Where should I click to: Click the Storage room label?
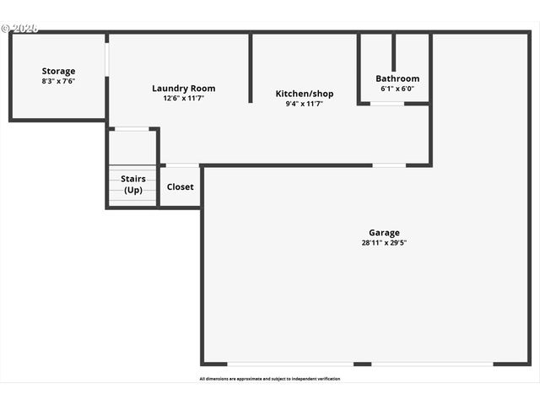tap(58, 71)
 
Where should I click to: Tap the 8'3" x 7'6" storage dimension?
tap(58, 82)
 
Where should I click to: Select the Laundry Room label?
tap(183, 88)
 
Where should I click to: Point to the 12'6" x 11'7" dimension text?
tap(183, 99)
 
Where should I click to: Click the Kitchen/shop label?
tap(305, 93)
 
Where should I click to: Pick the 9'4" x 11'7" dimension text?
tap(305, 104)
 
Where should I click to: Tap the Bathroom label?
tap(397, 78)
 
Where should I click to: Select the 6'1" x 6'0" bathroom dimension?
tap(397, 89)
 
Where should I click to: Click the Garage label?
tap(384, 232)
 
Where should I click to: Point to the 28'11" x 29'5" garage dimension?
tap(384, 243)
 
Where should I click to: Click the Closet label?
tap(180, 186)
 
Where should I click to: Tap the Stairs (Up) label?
tap(132, 184)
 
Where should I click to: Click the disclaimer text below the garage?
tap(270, 379)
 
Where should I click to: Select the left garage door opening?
tap(289, 364)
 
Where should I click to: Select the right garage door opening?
tap(432, 364)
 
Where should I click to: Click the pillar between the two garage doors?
tap(362, 364)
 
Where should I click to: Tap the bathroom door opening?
tap(387, 104)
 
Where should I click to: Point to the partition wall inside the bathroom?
tap(393, 52)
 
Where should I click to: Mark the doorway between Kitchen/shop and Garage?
tap(389, 165)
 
